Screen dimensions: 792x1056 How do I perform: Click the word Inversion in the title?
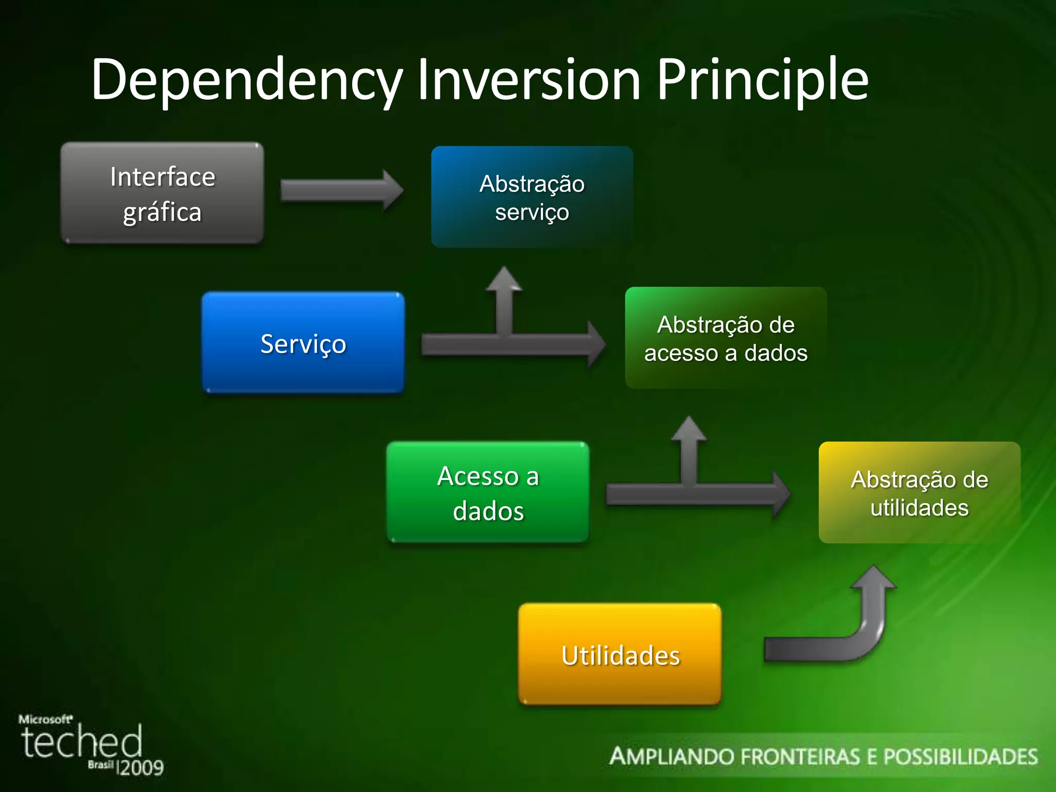(529, 80)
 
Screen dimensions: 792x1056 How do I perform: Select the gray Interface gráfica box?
(162, 193)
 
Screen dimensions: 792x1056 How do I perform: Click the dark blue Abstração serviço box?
(532, 197)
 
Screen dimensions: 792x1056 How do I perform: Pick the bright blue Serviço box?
(303, 343)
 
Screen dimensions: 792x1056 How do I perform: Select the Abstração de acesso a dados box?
(725, 338)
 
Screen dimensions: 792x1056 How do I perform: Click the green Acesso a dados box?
(488, 492)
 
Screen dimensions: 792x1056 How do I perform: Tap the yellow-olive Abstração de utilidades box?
(919, 493)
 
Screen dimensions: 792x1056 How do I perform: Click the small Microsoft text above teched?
(45, 719)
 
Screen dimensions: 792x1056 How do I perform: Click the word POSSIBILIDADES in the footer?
(960, 757)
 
